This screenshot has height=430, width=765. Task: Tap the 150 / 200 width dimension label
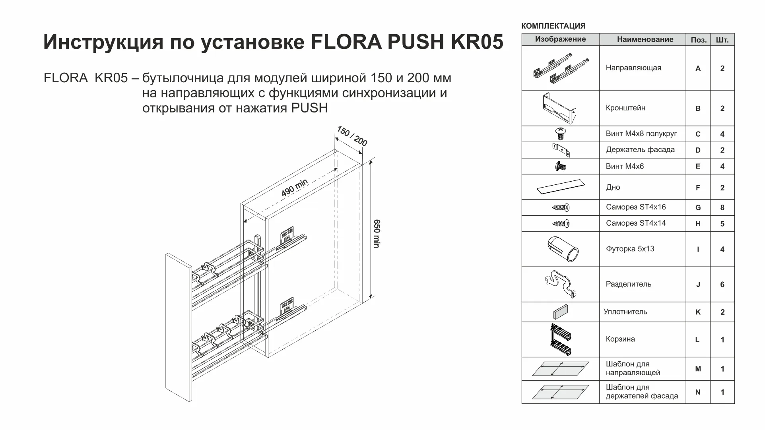coord(352,136)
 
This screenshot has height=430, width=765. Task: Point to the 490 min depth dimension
coord(294,188)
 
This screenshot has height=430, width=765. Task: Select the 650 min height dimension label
coord(377,234)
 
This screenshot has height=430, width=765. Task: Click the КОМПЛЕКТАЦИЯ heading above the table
coord(553,26)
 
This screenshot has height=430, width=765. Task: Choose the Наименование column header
coord(645,39)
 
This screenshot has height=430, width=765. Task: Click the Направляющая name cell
coord(633,68)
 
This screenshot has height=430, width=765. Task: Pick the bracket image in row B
coord(559,108)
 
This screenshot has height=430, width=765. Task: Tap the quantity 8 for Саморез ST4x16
coord(722,207)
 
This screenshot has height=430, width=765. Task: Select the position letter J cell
coord(698,285)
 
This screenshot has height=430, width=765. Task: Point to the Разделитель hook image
coord(559,284)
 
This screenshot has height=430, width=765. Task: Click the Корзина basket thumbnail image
coord(561,339)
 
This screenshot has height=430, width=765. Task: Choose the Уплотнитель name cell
coord(625,312)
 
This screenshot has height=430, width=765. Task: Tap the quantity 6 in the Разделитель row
coord(722,285)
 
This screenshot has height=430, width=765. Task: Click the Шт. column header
coord(722,40)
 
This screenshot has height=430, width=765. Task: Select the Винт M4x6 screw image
coord(561,166)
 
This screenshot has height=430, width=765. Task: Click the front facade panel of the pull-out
coord(179,326)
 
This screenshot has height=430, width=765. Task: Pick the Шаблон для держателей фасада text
coord(641,392)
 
